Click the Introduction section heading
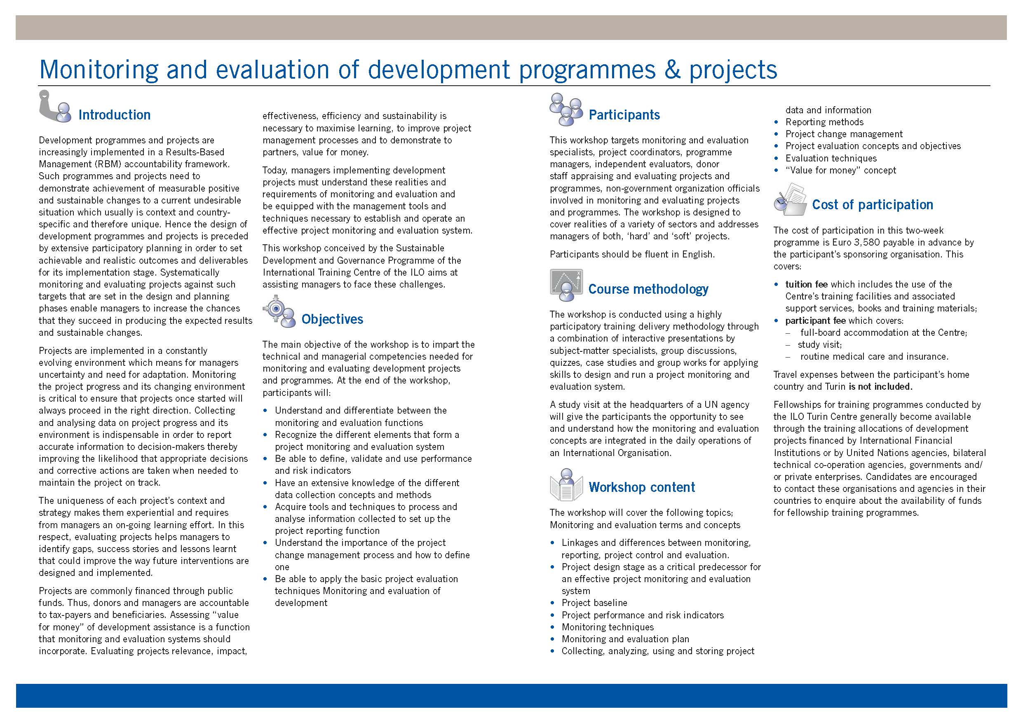tap(114, 115)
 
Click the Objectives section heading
tap(332, 319)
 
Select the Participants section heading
tap(624, 115)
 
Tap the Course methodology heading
tap(648, 289)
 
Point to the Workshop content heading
tap(641, 487)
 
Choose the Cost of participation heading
tap(872, 205)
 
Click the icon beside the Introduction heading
tap(55, 107)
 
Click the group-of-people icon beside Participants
tap(565, 109)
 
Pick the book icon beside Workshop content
tap(566, 485)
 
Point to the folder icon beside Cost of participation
tap(791, 200)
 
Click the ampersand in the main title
tap(672, 70)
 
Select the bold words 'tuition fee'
tap(806, 285)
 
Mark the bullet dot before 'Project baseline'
tap(552, 603)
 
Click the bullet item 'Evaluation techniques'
tap(831, 159)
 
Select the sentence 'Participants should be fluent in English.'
tap(632, 254)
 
